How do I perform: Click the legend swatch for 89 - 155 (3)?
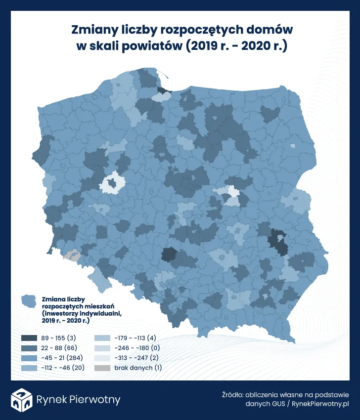coord(29,338)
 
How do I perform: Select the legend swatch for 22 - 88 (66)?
coord(29,348)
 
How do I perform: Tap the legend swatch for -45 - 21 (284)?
coord(29,358)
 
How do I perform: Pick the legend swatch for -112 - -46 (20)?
coord(29,368)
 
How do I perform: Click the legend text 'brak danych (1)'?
coord(138,368)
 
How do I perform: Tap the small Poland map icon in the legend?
coord(29,300)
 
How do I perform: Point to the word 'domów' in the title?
coord(270,30)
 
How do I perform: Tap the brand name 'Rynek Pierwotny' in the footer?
coord(78,400)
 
